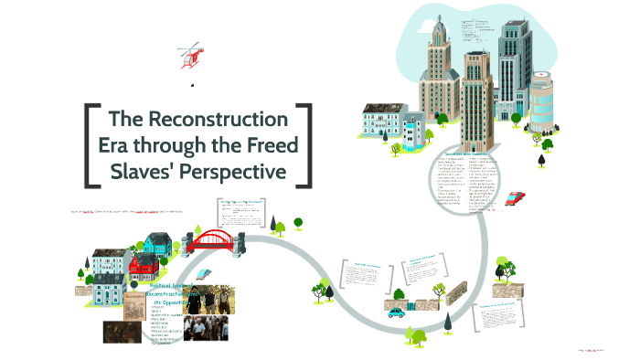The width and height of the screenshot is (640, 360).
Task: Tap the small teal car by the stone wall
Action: pos(396,311)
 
